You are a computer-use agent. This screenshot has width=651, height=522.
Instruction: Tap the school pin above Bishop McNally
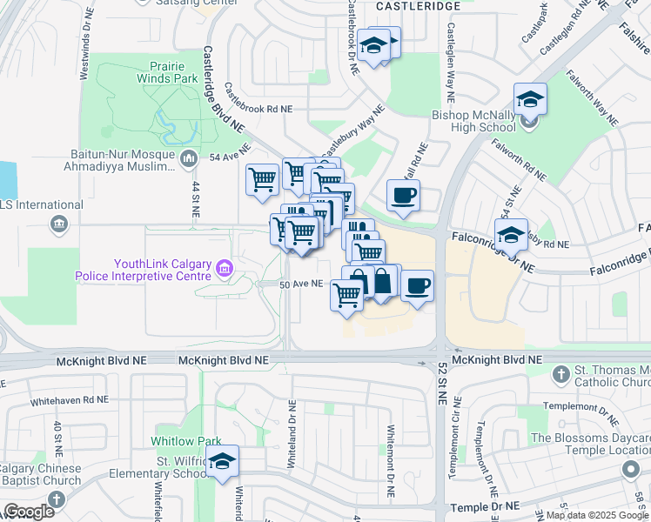[529, 100]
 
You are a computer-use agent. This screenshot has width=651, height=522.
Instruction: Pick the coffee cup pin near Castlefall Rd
[402, 196]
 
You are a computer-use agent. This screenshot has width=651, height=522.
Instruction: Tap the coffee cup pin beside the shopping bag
[417, 286]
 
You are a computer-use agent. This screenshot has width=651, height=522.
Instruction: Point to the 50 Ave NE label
[301, 284]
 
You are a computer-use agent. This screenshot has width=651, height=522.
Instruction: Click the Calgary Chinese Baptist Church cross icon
[57, 499]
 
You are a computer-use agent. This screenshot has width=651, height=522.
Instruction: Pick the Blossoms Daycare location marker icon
[631, 471]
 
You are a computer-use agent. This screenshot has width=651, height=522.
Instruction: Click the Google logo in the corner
[29, 512]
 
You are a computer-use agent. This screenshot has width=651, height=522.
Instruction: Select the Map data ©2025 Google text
[597, 515]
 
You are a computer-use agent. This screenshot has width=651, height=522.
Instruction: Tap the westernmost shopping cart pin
[262, 180]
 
